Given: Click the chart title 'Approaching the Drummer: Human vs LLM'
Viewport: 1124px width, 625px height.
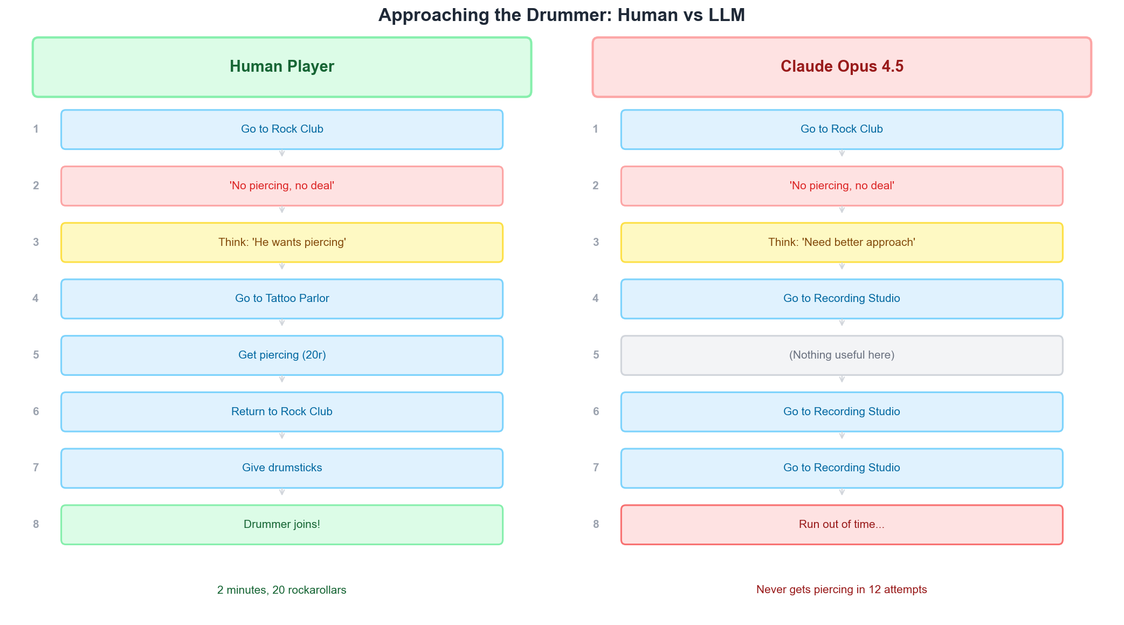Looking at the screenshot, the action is [x=561, y=15].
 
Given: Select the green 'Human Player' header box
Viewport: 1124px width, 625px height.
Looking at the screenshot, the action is [x=282, y=67].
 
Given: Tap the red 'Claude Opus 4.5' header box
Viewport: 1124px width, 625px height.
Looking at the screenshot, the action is [x=842, y=67].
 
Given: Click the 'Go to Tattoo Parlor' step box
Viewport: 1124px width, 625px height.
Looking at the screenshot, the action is [x=282, y=299].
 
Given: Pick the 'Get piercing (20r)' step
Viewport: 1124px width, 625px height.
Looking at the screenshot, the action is [x=282, y=355].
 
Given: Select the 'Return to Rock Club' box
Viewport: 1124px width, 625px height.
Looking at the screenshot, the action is [x=282, y=412].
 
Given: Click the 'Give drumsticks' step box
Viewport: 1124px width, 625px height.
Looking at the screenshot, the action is [x=282, y=468].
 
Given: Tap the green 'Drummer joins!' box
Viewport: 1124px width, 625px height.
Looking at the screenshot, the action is [x=282, y=525].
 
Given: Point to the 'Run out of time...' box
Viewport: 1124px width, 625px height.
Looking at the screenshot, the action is [x=842, y=525].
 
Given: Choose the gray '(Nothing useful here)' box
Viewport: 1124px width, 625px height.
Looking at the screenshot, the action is [x=842, y=355].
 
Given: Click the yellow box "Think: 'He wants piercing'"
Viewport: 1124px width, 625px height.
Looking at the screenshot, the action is [x=282, y=243].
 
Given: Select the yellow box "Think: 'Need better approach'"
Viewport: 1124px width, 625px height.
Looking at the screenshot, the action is [x=842, y=243].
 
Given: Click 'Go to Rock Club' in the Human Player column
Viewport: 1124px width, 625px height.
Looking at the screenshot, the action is [x=282, y=129].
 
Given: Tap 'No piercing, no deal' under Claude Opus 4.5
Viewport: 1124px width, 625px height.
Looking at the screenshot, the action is [x=842, y=186].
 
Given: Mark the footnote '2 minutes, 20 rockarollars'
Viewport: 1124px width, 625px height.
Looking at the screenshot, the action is [x=282, y=590].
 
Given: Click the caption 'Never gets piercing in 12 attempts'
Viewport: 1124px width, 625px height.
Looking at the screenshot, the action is [x=842, y=589].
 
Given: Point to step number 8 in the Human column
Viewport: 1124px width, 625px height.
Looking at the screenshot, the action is [x=36, y=524].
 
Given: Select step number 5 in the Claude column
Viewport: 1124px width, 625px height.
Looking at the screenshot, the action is [x=596, y=355].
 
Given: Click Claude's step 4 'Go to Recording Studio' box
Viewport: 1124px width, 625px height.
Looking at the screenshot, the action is [x=842, y=299].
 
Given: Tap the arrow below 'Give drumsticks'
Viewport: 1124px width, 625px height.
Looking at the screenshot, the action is [x=282, y=492].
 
